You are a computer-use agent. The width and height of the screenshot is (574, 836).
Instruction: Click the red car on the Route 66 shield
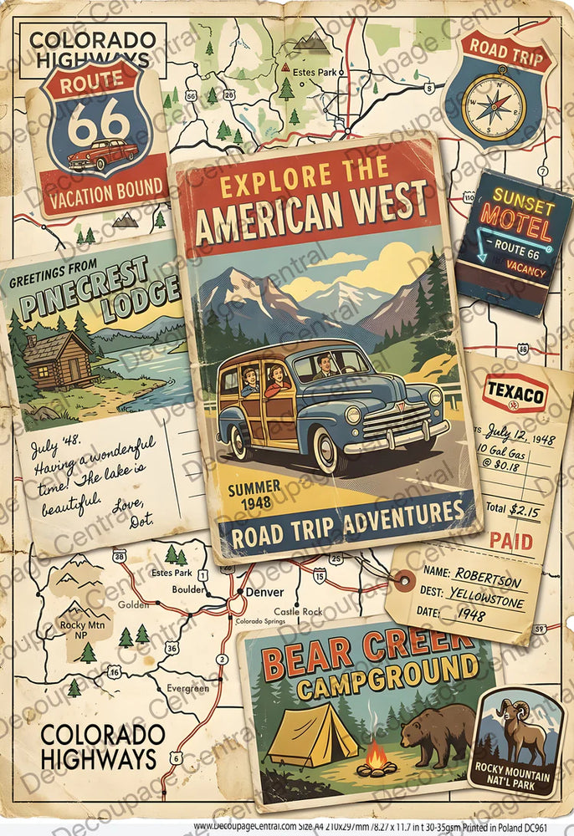pos(103,155)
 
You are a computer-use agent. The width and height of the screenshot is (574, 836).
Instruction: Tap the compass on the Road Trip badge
pos(495,106)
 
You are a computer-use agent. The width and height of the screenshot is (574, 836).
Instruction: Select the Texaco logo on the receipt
pos(515,392)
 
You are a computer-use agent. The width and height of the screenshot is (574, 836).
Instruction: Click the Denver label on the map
pos(265,592)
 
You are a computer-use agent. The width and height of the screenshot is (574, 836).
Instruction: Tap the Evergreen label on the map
pos(187,687)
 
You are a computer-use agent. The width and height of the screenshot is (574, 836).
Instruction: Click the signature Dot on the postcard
pos(142,522)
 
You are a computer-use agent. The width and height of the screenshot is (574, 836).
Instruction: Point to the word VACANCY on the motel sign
pos(525,273)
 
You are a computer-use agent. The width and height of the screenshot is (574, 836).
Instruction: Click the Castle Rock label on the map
pos(298,611)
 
